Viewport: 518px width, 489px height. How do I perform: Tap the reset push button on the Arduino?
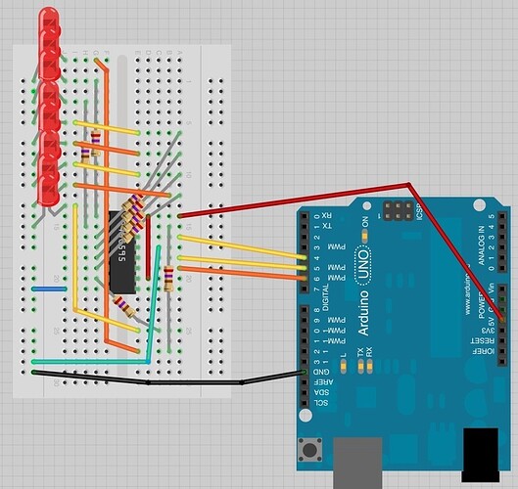312,451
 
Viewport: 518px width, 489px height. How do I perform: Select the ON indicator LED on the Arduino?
366,235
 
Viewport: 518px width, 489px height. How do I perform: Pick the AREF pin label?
325,382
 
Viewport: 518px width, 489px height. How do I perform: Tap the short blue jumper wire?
48,289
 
